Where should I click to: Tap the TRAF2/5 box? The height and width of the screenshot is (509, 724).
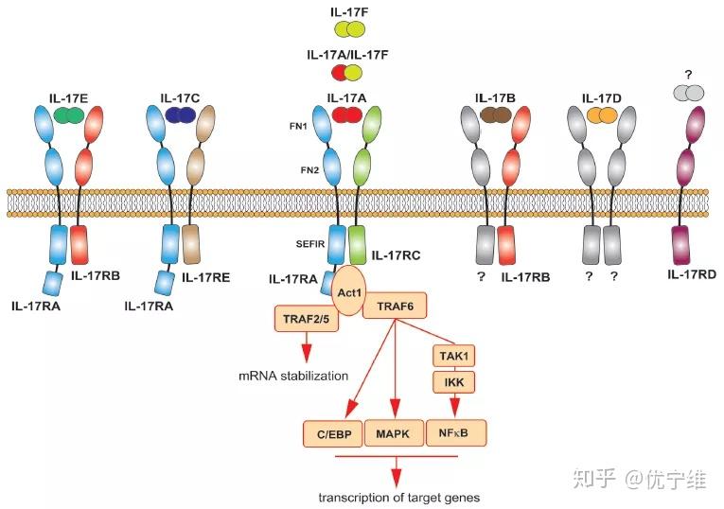[306, 320]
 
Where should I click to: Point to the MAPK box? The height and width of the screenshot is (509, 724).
[392, 433]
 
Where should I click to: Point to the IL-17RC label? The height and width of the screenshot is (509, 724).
[397, 254]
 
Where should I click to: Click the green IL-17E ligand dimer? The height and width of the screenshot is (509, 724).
[68, 114]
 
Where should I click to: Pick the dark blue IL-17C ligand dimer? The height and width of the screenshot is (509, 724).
[180, 114]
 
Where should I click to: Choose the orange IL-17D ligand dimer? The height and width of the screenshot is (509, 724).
[600, 114]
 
